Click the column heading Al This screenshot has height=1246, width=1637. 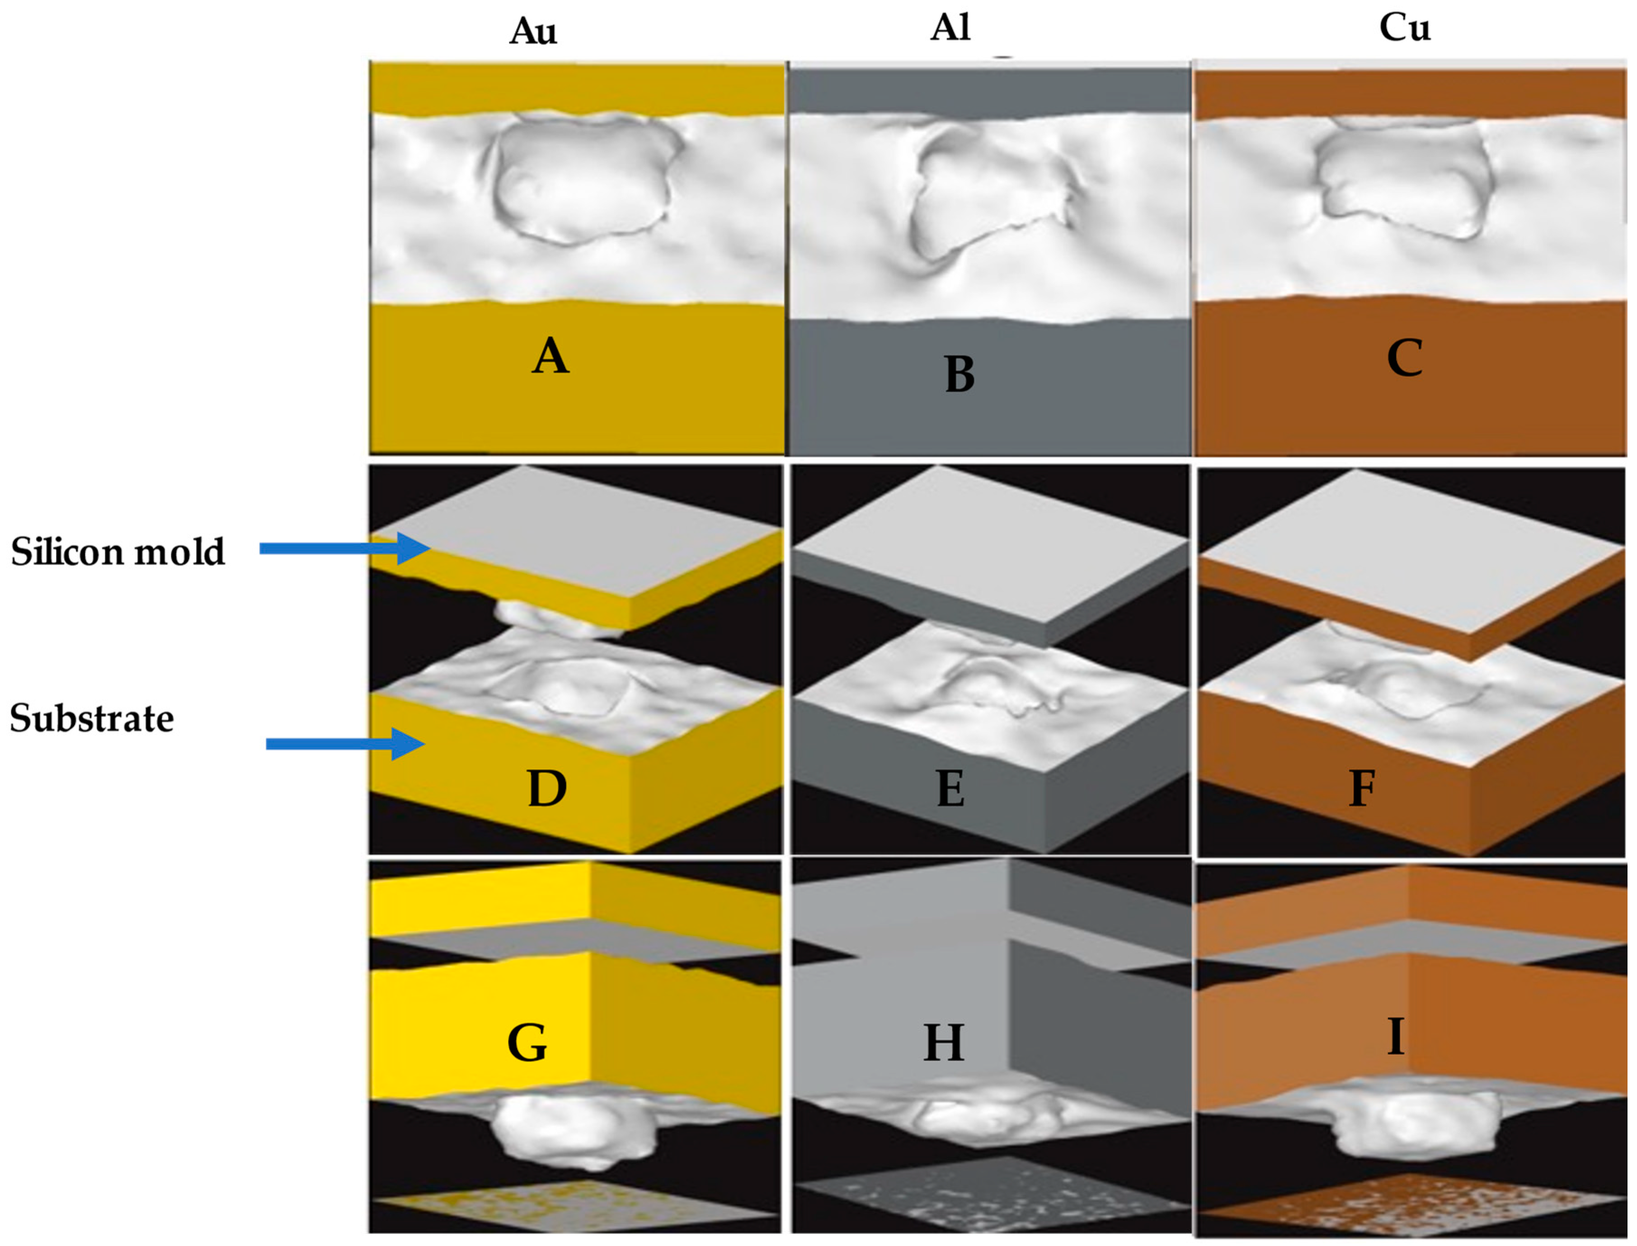click(950, 28)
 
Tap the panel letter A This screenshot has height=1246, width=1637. click(550, 357)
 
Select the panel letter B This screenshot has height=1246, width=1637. click(960, 374)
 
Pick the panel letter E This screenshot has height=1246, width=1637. click(950, 788)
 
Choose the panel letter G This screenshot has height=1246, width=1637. click(527, 1042)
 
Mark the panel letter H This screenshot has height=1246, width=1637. click(944, 1042)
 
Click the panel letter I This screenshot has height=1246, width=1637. click(1396, 1037)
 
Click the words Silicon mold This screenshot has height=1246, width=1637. click(117, 552)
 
